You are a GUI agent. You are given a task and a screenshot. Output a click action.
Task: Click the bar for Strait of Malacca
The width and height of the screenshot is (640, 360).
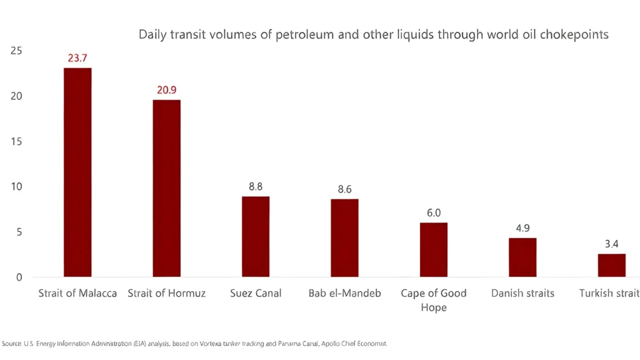click(77, 172)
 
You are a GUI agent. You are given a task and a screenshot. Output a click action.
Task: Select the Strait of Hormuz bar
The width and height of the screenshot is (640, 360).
click(166, 188)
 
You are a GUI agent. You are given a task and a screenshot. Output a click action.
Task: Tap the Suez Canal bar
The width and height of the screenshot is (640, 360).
click(256, 236)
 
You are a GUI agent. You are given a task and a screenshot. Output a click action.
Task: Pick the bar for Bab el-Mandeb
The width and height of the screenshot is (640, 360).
click(344, 237)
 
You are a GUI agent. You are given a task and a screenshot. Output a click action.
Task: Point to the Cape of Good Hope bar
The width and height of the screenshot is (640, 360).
click(433, 249)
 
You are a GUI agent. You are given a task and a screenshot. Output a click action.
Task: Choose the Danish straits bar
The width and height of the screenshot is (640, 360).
click(522, 257)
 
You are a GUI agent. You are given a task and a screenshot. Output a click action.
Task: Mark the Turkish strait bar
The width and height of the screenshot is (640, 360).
click(611, 265)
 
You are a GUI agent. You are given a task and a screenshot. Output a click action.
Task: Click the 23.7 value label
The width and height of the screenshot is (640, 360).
click(77, 57)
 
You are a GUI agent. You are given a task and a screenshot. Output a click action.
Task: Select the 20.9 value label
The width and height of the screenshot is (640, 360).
click(166, 90)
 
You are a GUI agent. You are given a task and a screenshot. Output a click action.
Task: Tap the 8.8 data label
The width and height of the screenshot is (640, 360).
click(256, 186)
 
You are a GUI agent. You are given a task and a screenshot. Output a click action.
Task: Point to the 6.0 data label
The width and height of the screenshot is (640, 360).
click(433, 212)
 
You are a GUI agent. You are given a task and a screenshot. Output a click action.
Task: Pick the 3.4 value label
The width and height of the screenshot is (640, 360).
click(611, 243)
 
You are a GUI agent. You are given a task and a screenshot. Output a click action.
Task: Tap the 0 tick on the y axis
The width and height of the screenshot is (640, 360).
click(19, 277)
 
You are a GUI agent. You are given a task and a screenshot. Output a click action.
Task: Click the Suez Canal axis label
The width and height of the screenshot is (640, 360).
click(256, 293)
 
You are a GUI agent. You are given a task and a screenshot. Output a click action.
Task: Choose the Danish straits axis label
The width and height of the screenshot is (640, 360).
click(522, 293)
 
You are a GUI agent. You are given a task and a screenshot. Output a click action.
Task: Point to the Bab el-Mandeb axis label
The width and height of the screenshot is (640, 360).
click(344, 293)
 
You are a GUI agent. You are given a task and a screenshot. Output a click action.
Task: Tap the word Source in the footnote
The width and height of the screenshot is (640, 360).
click(12, 344)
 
